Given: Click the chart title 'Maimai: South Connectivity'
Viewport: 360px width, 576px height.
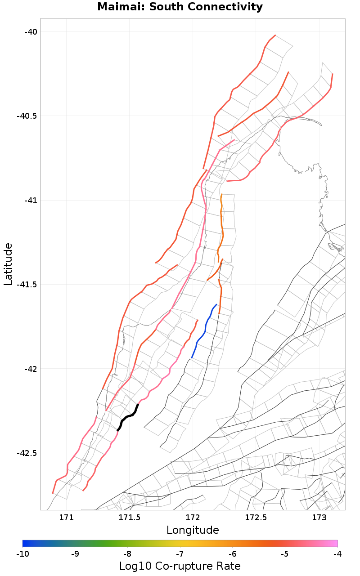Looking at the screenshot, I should point(180,7).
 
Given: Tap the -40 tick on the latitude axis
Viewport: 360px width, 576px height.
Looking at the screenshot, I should point(31,31).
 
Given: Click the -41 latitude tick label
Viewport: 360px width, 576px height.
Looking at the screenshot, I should point(31,200).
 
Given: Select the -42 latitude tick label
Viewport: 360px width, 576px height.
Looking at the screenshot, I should point(31,369).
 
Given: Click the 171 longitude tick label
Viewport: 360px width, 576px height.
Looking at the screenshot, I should point(67,517).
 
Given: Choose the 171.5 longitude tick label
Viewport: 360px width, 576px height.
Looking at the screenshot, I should point(130,517).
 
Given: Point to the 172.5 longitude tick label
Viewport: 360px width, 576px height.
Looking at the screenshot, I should point(256,517).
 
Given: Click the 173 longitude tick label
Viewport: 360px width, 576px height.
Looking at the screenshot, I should point(319,517).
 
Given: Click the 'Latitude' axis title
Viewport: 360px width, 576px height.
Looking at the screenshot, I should point(8,264).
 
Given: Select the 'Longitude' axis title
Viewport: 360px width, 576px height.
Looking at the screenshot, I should point(193,530).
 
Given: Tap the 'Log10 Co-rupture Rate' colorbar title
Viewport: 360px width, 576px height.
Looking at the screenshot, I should point(180,566).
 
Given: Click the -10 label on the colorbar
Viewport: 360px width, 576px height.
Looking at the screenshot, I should point(22,554).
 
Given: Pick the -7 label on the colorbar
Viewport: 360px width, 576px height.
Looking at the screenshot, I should point(180,554).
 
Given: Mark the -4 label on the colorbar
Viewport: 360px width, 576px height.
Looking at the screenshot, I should point(337,554).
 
